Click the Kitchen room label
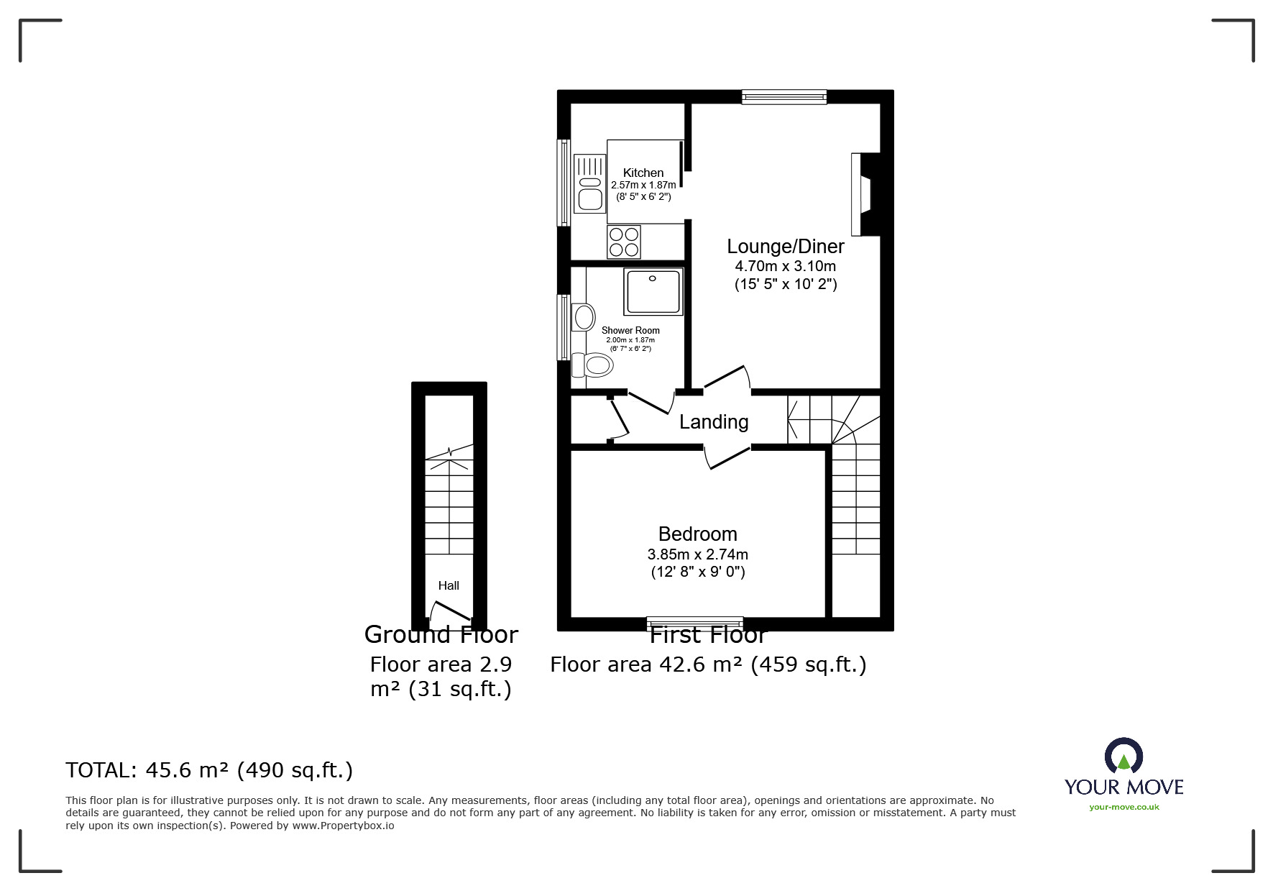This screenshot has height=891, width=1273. point(643,173)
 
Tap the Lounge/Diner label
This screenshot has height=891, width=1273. point(786,247)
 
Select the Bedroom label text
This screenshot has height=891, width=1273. point(698,534)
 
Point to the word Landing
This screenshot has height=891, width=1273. point(714,422)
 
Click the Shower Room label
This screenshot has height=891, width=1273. point(630,331)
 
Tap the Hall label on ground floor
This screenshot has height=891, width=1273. point(449,585)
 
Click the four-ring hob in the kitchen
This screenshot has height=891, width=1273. point(624,242)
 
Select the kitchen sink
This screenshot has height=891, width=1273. point(590,183)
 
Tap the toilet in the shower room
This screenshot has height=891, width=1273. point(592,365)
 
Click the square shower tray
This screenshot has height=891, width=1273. point(653,292)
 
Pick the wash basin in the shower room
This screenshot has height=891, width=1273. point(584,316)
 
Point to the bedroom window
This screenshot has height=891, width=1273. point(695,623)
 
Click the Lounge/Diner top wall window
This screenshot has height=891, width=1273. point(784,97)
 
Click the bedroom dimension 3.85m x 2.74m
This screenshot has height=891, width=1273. point(698,554)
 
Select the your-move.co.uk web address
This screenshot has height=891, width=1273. point(1124,807)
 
